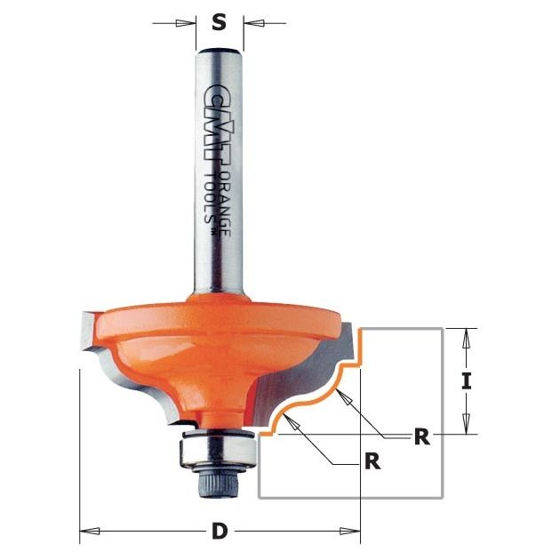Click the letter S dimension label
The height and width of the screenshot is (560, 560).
point(219,23)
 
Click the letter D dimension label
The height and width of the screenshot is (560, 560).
point(220,531)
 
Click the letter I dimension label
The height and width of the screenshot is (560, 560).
point(467,381)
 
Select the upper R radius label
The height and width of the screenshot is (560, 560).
point(422,436)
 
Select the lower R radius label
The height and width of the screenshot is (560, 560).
point(372,461)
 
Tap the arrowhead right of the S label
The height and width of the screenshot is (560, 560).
point(253,23)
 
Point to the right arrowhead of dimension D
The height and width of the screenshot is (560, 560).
point(350,531)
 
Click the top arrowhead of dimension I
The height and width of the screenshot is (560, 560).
point(467,338)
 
